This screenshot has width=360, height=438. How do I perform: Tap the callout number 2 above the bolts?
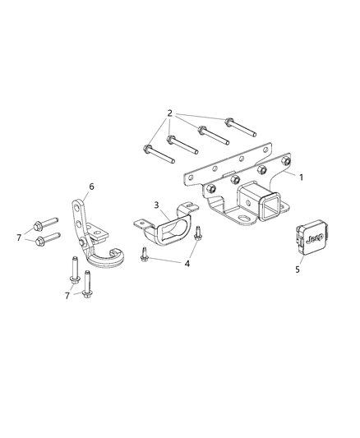[168, 112]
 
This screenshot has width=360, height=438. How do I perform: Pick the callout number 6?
[91, 187]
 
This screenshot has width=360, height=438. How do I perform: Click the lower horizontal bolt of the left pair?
[49, 240]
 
